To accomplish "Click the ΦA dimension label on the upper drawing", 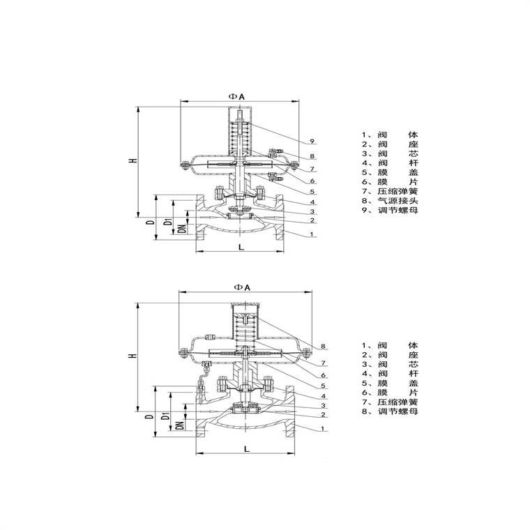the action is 236,96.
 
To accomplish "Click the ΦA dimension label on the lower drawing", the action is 242,287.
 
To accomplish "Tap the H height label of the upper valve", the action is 134,160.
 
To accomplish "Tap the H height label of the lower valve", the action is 134,356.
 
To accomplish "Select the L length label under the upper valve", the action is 241,247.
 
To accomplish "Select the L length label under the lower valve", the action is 247,449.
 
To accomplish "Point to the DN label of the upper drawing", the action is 182,229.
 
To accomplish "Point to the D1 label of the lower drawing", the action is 166,416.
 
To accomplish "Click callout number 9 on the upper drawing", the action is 312,141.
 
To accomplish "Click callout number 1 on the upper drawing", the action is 312,234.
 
